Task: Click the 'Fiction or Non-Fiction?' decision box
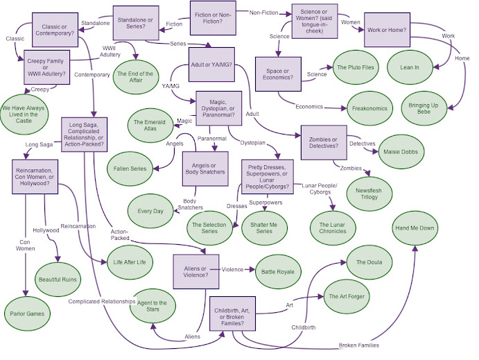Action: [213, 18]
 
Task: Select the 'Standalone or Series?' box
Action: [136, 23]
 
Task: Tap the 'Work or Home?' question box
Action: [387, 30]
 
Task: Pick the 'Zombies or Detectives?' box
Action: [324, 142]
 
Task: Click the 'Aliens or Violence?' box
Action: [196, 272]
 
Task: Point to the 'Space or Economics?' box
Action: [278, 74]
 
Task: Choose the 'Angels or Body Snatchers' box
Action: [205, 169]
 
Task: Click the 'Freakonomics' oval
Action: [369, 108]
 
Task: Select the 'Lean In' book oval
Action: [410, 67]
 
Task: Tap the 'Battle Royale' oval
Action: [278, 272]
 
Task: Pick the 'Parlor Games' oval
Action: [27, 314]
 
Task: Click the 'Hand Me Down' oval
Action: [415, 228]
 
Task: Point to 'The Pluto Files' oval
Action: [356, 67]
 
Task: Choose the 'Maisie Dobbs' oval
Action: [401, 152]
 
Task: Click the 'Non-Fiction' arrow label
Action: [263, 13]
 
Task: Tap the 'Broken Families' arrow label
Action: [359, 345]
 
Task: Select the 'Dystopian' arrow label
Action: [252, 143]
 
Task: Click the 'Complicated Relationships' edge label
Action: [102, 302]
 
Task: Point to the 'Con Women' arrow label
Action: [26, 246]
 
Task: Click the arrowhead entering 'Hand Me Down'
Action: [415, 248]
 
